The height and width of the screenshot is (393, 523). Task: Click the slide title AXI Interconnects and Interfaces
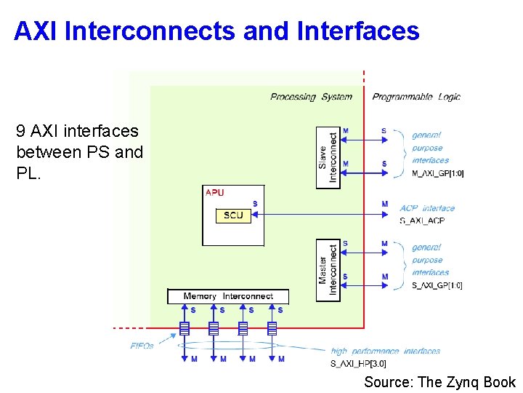click(216, 31)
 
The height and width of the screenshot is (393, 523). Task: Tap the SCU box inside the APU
click(233, 215)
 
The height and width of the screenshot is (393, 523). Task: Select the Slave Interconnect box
click(328, 157)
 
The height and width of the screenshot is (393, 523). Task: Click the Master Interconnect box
click(328, 270)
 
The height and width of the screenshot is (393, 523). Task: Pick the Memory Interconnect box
click(227, 296)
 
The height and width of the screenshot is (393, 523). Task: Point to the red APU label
click(215, 193)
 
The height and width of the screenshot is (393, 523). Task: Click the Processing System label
click(311, 97)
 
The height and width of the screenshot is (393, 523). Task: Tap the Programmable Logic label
click(416, 97)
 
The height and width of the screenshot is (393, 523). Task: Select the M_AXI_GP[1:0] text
click(437, 173)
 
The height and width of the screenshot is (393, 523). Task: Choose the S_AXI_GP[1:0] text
click(437, 285)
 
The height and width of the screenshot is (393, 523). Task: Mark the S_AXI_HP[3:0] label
click(358, 363)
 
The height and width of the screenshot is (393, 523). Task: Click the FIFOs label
click(142, 346)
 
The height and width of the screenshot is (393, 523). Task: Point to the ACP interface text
click(427, 208)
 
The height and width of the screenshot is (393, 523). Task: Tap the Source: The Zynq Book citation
click(439, 382)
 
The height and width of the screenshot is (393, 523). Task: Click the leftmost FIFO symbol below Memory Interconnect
click(185, 329)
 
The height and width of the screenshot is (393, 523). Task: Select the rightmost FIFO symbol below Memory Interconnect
click(272, 329)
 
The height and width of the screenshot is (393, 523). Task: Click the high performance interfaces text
click(386, 352)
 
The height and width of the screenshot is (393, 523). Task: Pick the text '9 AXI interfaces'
click(77, 131)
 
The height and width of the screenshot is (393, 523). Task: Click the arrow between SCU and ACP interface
click(320, 215)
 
